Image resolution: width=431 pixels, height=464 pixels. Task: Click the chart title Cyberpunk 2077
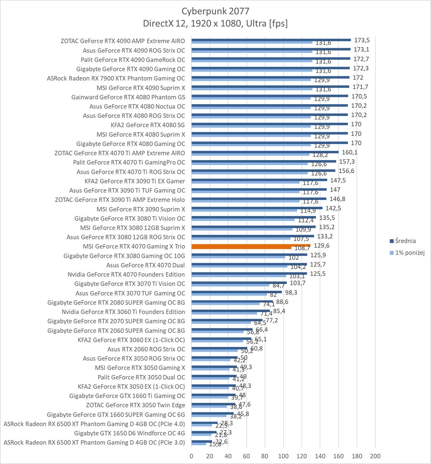click(215, 11)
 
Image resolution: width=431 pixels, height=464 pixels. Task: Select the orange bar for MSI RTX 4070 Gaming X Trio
click(251, 246)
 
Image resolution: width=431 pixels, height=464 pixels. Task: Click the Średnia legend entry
click(405, 241)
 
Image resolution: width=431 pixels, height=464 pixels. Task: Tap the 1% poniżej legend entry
click(410, 253)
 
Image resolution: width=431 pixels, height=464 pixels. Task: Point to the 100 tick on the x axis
click(283, 456)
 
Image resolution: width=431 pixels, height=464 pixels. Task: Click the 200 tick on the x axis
click(375, 456)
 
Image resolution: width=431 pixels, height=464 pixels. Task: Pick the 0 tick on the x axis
click(191, 456)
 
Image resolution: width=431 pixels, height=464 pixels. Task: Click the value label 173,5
click(362, 40)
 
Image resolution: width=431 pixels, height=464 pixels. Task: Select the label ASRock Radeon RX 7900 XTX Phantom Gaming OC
click(116, 78)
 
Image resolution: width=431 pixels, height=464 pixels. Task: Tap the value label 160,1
click(349, 152)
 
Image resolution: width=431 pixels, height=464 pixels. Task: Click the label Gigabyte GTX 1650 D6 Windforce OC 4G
click(129, 433)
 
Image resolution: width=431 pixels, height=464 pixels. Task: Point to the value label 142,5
click(333, 208)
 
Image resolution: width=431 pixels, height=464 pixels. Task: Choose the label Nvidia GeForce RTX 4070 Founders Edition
click(126, 274)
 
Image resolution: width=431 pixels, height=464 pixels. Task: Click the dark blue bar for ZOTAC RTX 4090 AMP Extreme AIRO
click(271, 39)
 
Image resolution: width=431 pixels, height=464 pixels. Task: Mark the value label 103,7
click(298, 283)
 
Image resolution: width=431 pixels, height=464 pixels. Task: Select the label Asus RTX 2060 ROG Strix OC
click(146, 349)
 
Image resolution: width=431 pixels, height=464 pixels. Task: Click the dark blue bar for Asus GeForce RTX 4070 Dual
click(249, 264)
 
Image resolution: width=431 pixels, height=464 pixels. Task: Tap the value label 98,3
click(291, 292)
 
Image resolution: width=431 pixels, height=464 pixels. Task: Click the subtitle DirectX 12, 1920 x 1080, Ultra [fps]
click(215, 23)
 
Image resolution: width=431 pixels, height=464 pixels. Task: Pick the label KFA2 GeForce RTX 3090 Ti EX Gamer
click(135, 181)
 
